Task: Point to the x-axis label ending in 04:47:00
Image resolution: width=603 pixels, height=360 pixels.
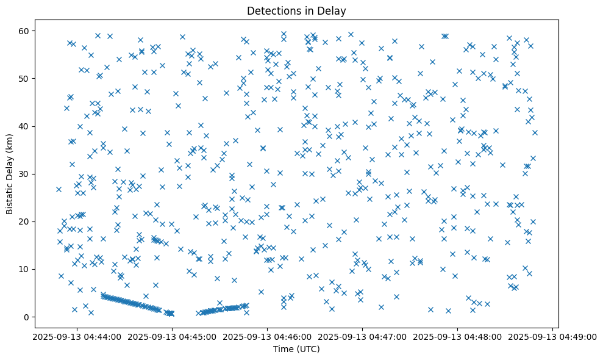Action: click(362, 336)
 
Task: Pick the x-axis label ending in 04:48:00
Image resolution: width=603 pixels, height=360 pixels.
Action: click(457, 336)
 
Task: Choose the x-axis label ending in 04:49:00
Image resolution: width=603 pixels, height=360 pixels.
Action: click(552, 336)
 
